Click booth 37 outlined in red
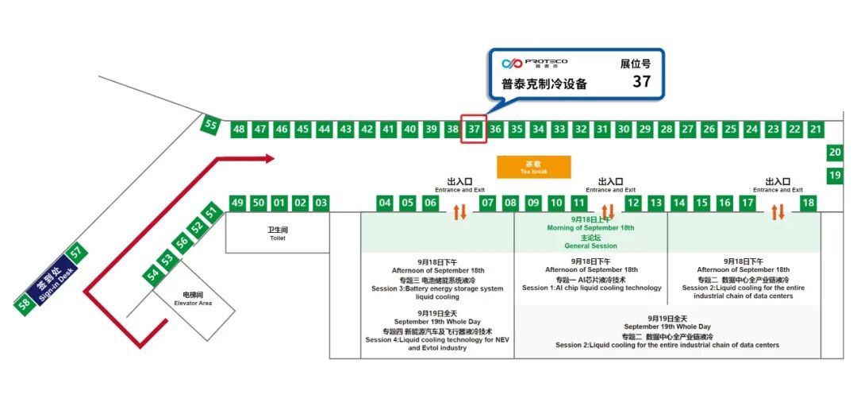474,130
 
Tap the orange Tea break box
533,167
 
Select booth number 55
210,125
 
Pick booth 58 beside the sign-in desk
25,304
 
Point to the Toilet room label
277,234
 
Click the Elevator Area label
193,299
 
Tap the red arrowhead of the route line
269,159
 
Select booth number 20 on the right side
835,153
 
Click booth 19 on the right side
835,175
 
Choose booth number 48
239,130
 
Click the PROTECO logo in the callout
534,63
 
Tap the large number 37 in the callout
641,81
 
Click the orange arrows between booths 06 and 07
459,212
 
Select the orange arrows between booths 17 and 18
778,212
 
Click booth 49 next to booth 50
237,203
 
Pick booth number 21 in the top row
816,130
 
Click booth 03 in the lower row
321,203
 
